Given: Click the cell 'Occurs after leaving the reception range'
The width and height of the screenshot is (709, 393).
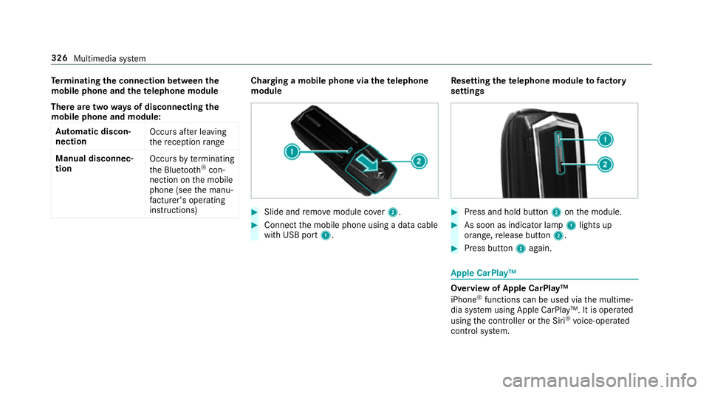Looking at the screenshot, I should click(182, 136).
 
